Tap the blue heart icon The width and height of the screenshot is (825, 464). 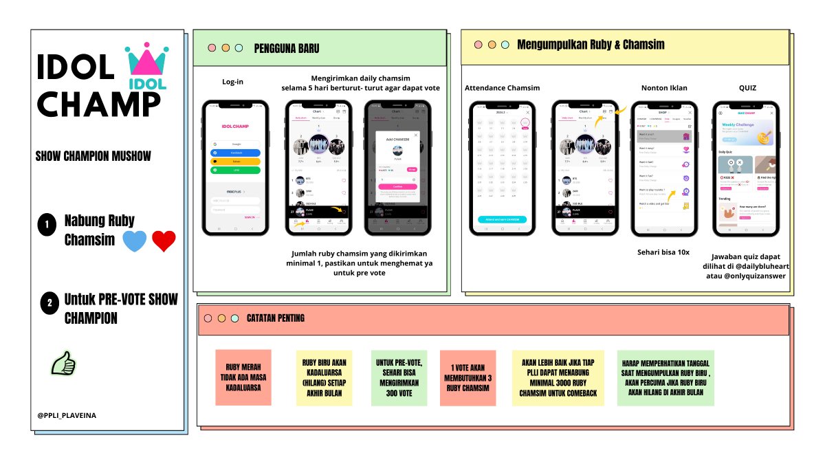coord(134,241)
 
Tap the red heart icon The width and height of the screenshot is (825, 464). coord(164,241)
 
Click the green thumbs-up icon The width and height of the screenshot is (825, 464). coord(63,362)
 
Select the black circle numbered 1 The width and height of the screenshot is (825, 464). coord(47,225)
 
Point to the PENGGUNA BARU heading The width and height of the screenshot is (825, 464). coord(286,48)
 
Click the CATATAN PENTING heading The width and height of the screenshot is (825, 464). coord(275,318)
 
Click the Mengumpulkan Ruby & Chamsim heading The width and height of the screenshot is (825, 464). coord(591,45)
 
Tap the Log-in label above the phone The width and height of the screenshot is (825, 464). coord(232,82)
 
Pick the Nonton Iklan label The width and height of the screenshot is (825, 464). coord(663,88)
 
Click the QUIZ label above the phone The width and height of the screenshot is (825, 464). coord(747,88)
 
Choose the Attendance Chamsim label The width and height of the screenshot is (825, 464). coord(502,88)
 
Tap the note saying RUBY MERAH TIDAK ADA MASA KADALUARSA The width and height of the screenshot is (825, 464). coord(243,377)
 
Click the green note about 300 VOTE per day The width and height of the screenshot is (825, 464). coord(399,377)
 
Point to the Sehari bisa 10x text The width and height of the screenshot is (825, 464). coord(663,252)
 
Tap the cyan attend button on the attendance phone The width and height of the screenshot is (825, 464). coord(502,219)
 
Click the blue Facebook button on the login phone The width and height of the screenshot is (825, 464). coord(235,153)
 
